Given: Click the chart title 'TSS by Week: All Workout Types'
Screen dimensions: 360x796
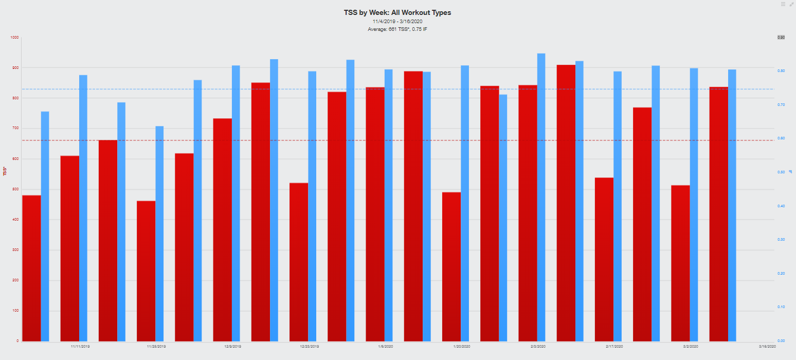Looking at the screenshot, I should [397, 12].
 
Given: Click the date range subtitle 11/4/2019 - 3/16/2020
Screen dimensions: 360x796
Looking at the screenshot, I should [397, 22].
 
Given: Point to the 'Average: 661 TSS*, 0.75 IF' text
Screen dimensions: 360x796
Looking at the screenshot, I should [397, 29].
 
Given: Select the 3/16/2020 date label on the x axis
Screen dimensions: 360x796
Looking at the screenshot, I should [769, 346].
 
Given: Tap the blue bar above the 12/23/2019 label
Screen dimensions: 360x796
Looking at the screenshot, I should [312, 206].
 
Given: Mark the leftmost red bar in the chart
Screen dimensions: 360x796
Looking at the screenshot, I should [31, 268].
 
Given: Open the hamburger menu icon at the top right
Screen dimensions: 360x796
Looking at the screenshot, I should [783, 4].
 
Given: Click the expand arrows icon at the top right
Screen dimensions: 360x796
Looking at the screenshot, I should [791, 4].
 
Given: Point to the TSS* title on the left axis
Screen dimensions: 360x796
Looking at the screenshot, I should [5, 172].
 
